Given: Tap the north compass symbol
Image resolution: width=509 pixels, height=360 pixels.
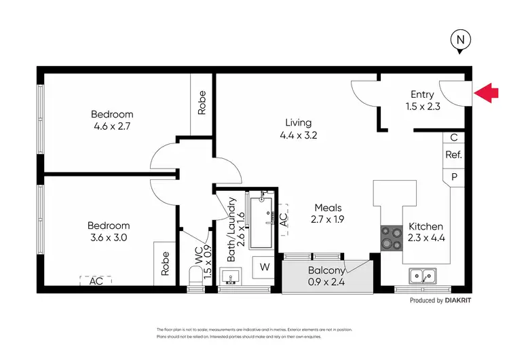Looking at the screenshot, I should pyautogui.click(x=460, y=42).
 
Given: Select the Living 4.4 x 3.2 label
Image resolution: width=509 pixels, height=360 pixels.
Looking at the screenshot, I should pyautogui.click(x=298, y=128).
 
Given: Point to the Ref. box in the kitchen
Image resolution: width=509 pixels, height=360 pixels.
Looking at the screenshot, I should pyautogui.click(x=453, y=155).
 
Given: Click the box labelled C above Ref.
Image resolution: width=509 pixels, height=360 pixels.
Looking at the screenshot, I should pyautogui.click(x=453, y=137).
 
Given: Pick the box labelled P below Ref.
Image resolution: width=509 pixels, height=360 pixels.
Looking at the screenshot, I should pyautogui.click(x=453, y=176).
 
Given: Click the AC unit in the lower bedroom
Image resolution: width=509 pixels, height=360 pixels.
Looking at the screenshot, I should pyautogui.click(x=95, y=280).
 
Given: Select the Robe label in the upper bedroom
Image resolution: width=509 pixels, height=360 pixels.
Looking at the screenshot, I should pyautogui.click(x=202, y=103).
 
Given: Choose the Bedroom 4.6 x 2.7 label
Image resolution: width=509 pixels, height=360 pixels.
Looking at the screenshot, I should pyautogui.click(x=112, y=120).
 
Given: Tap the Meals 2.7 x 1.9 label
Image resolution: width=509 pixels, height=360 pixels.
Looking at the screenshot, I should pyautogui.click(x=328, y=214).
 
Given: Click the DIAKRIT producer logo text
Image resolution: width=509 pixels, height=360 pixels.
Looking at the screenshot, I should pyautogui.click(x=457, y=300).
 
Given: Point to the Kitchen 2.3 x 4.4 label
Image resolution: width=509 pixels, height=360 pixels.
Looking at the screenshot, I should pyautogui.click(x=425, y=232).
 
